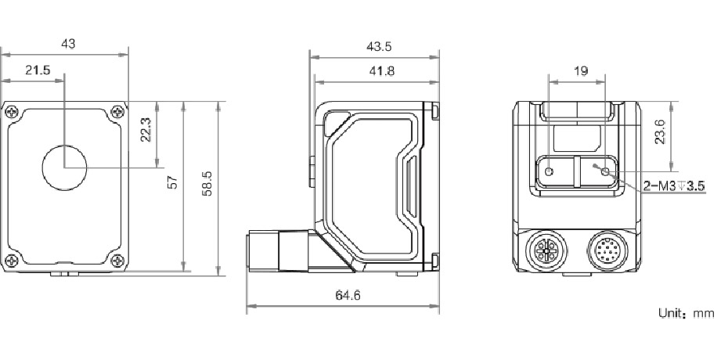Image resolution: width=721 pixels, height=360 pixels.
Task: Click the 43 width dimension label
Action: point(68,45)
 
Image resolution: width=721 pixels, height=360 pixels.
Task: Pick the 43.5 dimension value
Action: point(379,46)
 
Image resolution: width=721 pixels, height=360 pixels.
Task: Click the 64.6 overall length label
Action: point(342,295)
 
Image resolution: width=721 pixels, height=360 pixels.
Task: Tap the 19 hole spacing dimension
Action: point(580,70)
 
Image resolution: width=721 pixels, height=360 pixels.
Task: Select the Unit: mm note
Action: point(686,313)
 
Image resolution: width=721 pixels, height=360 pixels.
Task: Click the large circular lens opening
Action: point(64,168)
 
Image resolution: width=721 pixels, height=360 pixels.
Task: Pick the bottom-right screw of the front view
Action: point(117,261)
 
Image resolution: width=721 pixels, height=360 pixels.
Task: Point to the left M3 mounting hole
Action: point(550,171)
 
